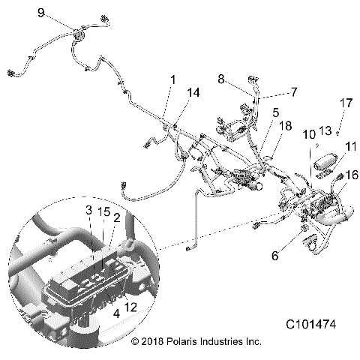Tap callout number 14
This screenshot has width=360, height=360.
[193, 92]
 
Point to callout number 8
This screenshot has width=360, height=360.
[222, 79]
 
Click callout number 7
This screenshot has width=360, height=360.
[294, 91]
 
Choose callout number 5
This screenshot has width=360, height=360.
[276, 112]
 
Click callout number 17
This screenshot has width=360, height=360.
[346, 103]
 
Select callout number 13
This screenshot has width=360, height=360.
[325, 130]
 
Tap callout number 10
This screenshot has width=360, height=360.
[308, 135]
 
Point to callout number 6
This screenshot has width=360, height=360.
[274, 256]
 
